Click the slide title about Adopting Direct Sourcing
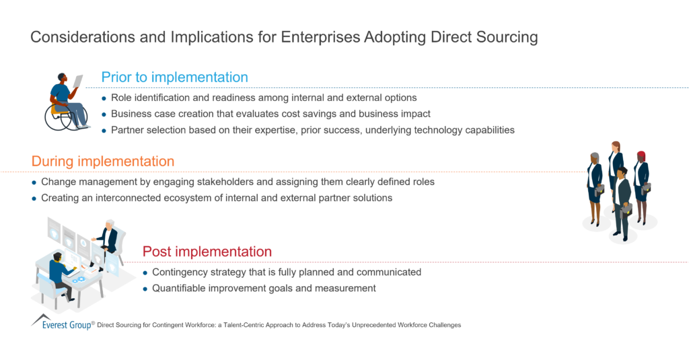pos(284,37)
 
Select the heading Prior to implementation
pos(174,77)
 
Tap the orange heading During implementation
pos(103,161)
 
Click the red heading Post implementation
pos(207,252)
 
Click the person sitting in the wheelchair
pos(64,98)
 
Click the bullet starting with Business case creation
pos(270,114)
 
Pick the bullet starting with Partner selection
pos(312,130)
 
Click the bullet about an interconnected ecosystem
pos(216,198)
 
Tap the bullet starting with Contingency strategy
pos(286,272)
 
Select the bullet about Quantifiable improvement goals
pos(264,288)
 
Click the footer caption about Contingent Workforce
pos(279,325)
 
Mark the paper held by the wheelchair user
pos(78,81)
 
